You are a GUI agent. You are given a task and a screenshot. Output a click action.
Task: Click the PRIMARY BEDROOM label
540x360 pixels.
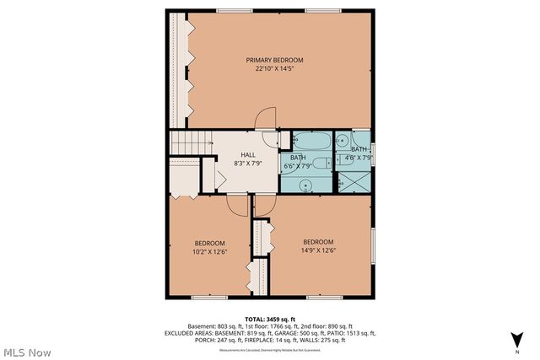(274, 60)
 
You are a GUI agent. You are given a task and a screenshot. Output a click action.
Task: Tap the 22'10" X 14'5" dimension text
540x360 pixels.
(274, 69)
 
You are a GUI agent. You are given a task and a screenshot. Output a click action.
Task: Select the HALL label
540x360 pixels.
(248, 154)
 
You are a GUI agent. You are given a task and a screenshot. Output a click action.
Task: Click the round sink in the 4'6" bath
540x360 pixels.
(343, 142)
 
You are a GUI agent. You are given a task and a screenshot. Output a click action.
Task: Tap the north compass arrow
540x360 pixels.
(516, 340)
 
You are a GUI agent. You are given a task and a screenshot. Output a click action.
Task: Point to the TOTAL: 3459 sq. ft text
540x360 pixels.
(269, 319)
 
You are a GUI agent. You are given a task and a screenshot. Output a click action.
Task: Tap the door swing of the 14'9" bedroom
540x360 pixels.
(264, 204)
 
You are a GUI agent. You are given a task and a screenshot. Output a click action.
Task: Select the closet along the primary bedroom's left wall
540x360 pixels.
(180, 71)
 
